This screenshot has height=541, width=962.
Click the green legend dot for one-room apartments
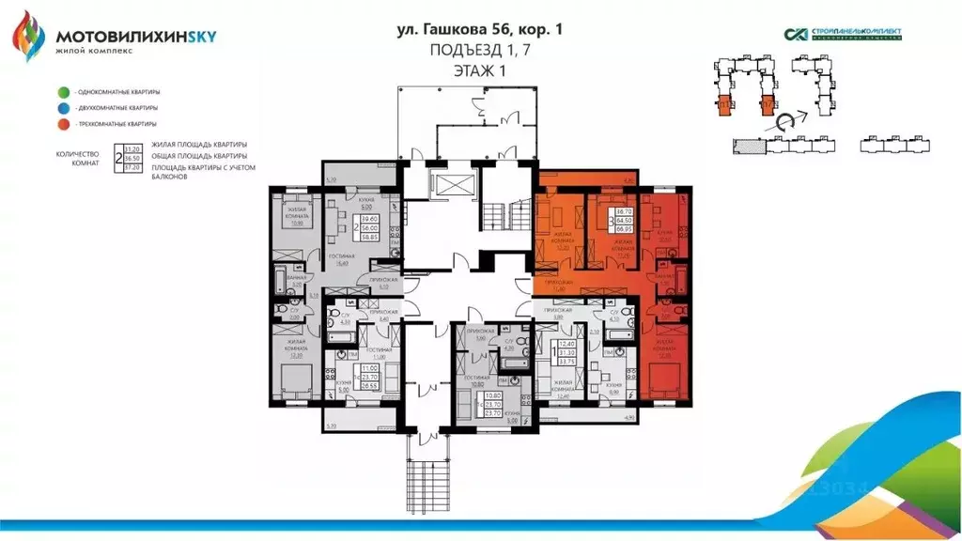pos(61,92)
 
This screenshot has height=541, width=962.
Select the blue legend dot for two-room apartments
pos(61,108)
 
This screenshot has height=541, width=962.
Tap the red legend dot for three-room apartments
pos(61,124)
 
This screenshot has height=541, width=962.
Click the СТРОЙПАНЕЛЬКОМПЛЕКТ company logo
pos(843,35)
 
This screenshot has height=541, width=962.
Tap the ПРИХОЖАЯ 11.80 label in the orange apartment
pos(558,286)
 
